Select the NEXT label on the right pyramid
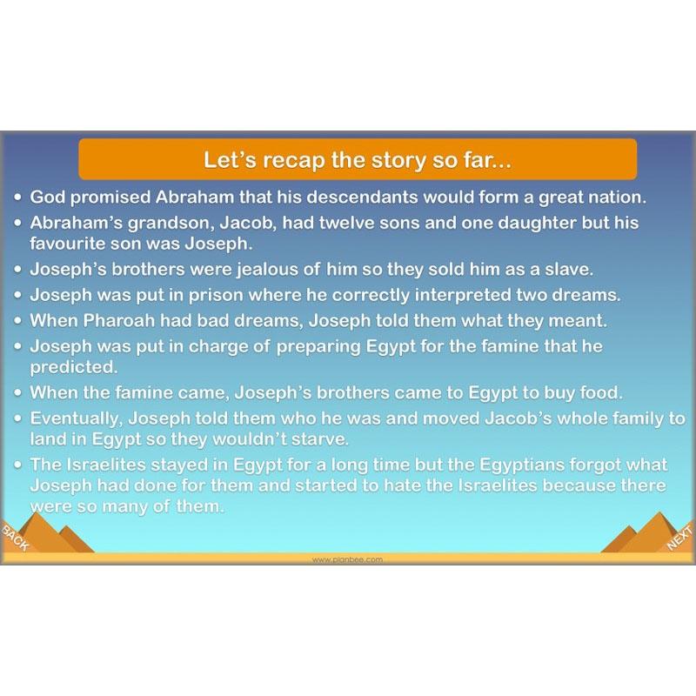coord(679,539)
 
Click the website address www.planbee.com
coord(347,560)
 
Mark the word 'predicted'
coord(73,366)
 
